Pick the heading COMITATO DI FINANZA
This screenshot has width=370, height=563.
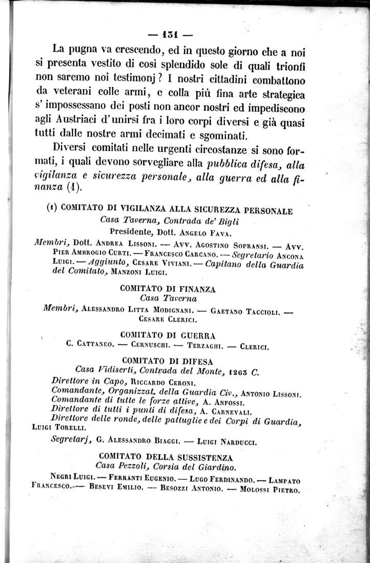click(x=168, y=289)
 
